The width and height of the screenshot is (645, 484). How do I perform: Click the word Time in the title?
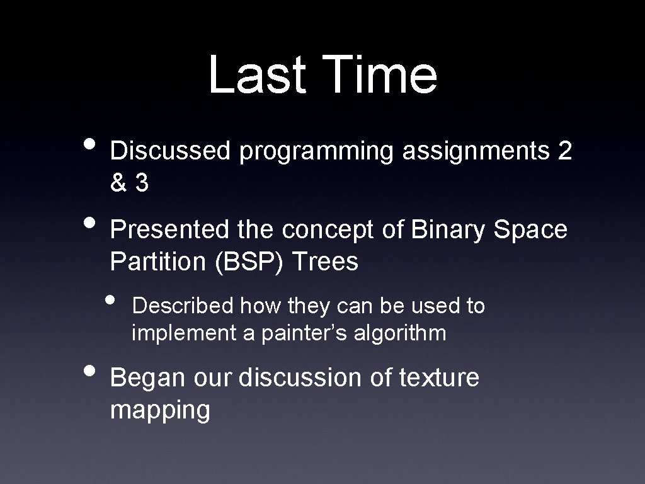tap(377, 75)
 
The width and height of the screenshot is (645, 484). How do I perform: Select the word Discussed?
tap(171, 152)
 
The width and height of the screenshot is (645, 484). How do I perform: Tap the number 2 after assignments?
tap(564, 152)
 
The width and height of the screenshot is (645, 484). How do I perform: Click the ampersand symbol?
tap(118, 183)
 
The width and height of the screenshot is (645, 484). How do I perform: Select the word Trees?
tap(324, 262)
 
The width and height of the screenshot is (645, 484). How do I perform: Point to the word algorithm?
tap(400, 333)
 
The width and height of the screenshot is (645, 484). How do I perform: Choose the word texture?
tap(439, 378)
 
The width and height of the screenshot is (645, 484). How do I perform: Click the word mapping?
tap(160, 411)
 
